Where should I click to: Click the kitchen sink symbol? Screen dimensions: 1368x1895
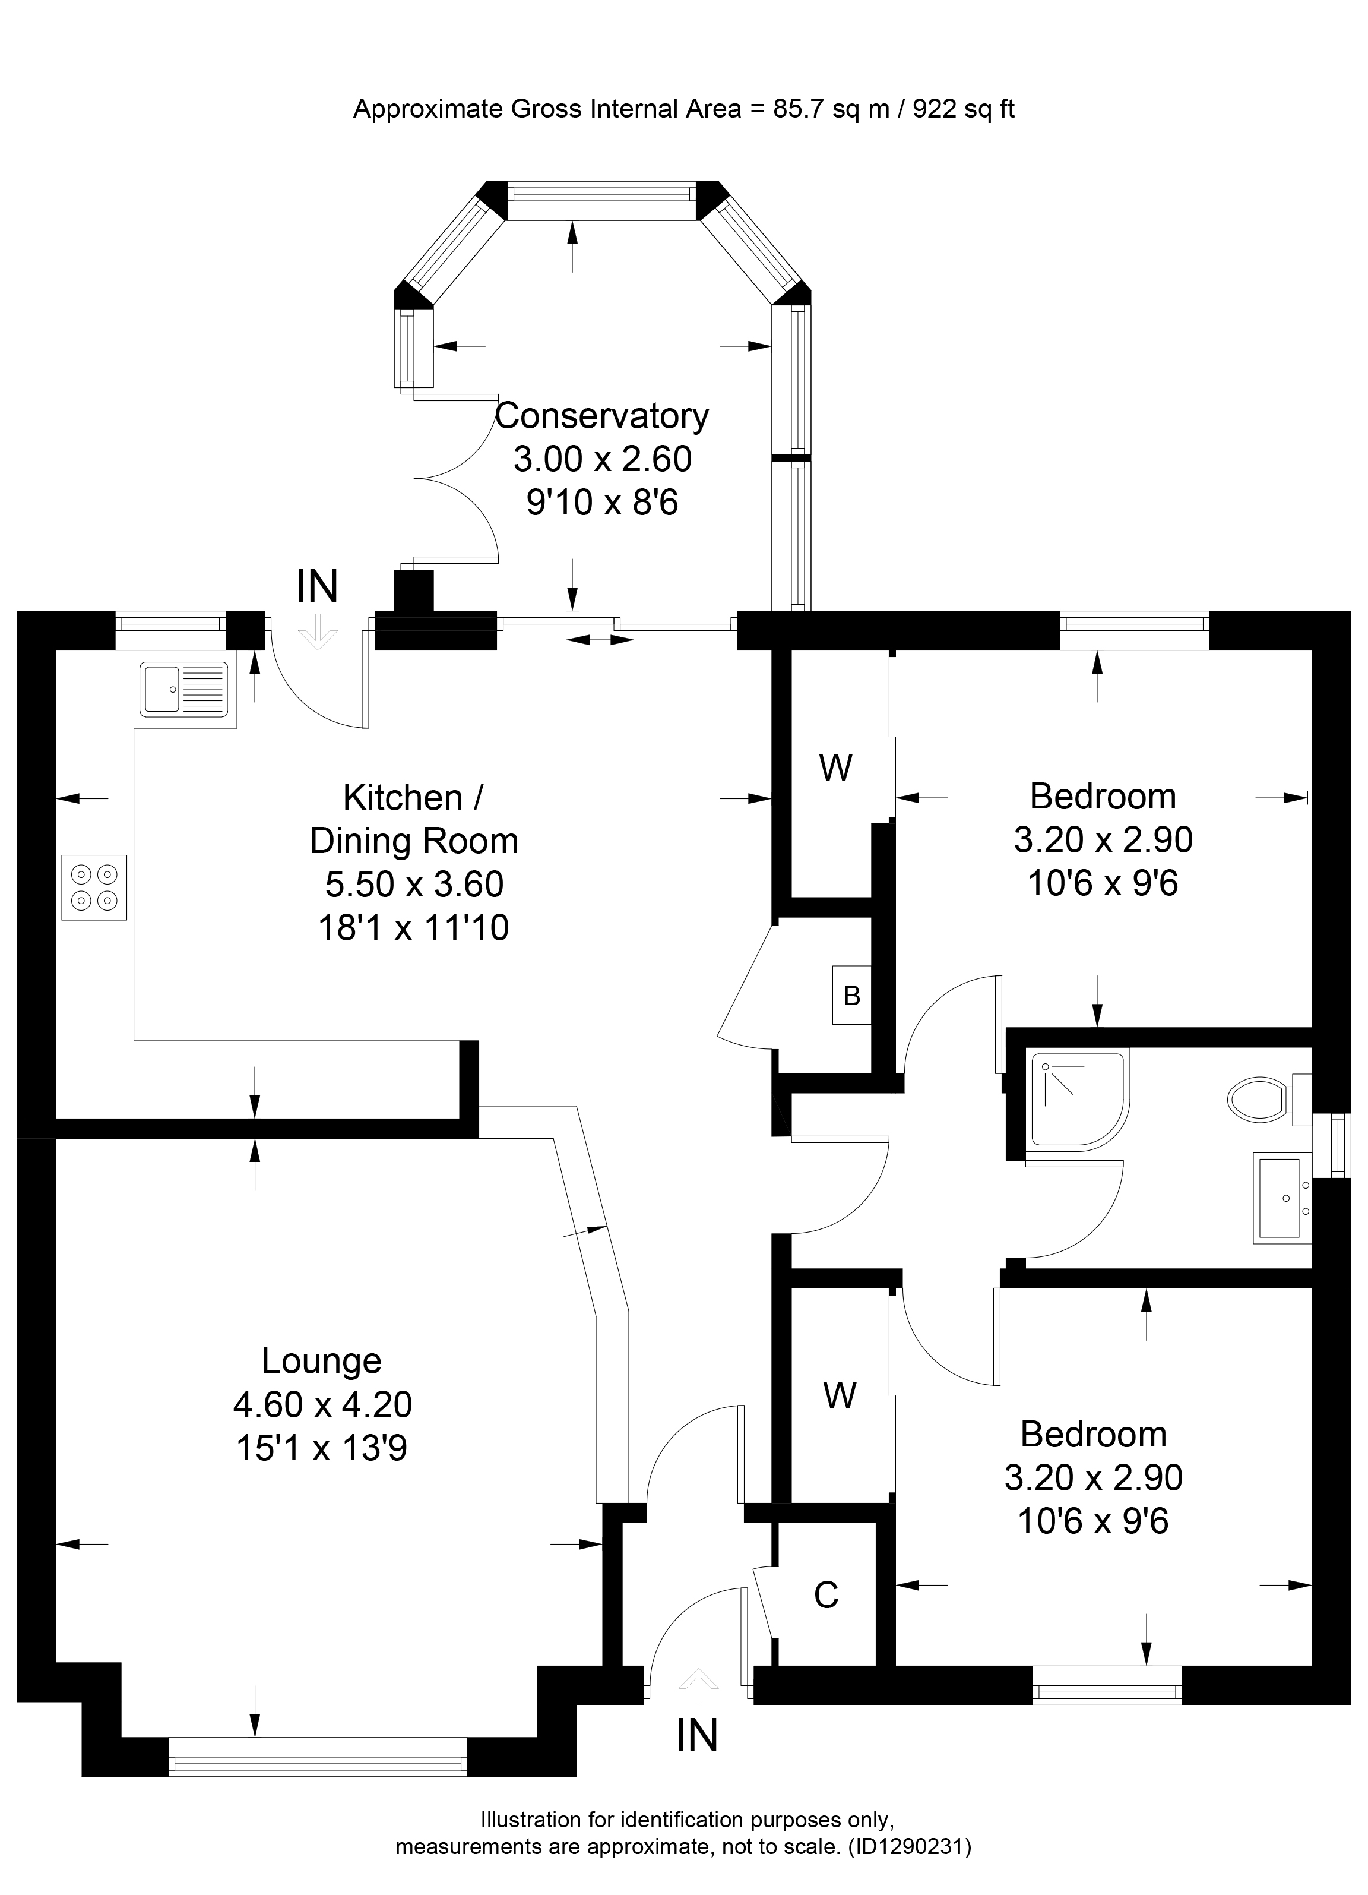[185, 689]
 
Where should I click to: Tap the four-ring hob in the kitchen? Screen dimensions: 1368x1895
[94, 888]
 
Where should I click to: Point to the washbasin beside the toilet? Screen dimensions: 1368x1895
[1283, 1198]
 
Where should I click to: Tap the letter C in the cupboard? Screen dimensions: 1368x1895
[826, 1595]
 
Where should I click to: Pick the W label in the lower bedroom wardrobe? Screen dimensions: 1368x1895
[840, 1395]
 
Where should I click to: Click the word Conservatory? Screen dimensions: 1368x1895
[601, 415]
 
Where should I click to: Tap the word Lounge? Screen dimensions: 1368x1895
[322, 1360]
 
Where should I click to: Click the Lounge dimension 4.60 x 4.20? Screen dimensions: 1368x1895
[322, 1404]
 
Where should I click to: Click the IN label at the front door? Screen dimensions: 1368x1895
[696, 1735]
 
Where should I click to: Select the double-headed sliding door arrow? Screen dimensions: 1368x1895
[600, 640]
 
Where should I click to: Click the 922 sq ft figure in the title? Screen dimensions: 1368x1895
[964, 109]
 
